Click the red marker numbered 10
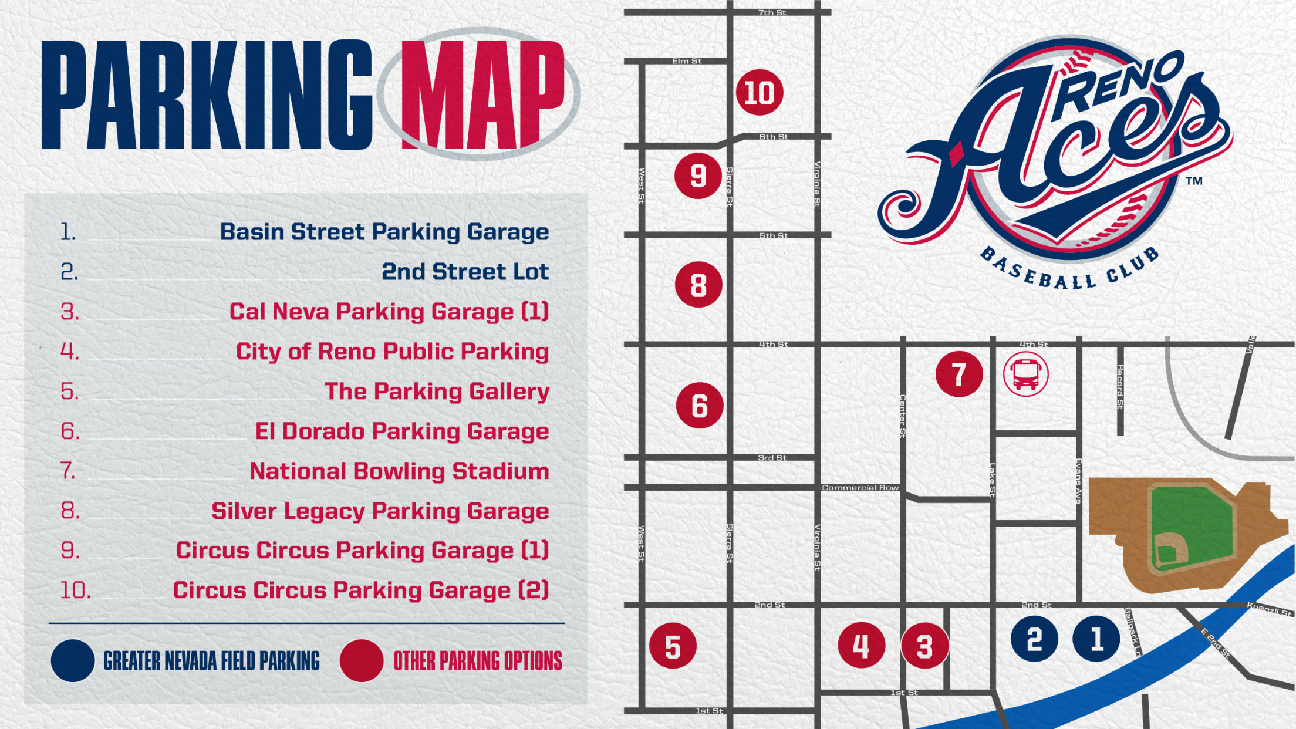(760, 93)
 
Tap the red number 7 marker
(959, 374)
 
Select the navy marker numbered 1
(1096, 639)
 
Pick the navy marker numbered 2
(1034, 639)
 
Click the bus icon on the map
(1025, 374)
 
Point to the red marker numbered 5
(673, 646)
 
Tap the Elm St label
(687, 61)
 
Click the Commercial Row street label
(860, 488)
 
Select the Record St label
(1120, 387)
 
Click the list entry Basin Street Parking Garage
(384, 232)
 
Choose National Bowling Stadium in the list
(399, 471)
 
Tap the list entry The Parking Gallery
(437, 392)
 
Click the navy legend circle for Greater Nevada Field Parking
(73, 660)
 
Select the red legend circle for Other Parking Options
(362, 660)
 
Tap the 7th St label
(772, 12)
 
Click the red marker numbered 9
(698, 176)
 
